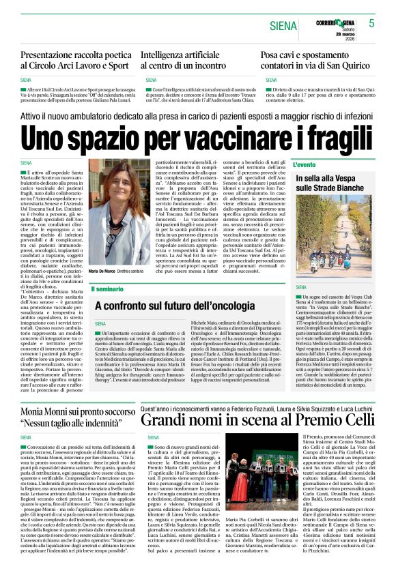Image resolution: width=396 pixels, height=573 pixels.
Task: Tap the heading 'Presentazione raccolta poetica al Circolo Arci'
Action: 76,59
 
